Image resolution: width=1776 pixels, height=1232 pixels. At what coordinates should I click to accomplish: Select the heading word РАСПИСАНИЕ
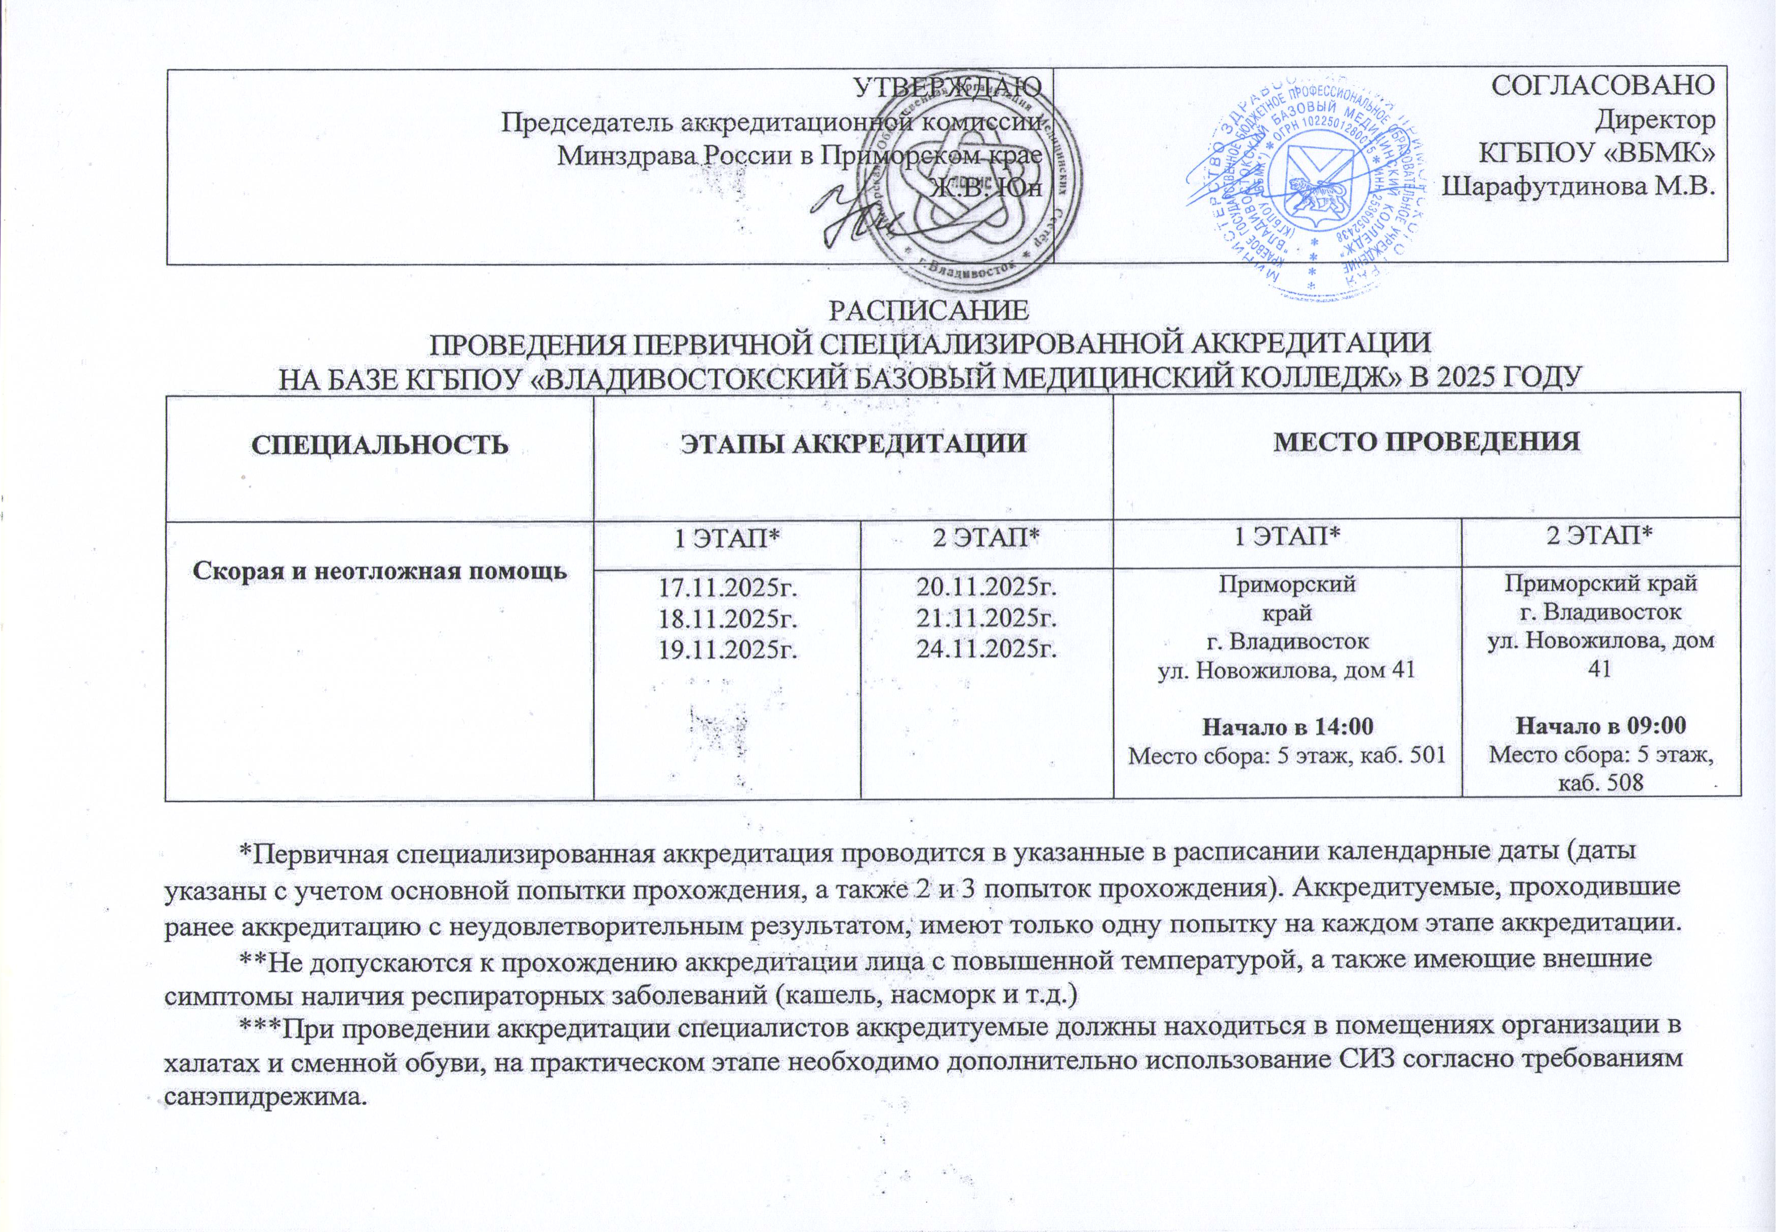point(928,311)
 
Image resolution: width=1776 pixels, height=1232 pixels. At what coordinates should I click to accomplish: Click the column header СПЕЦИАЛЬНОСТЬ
point(380,445)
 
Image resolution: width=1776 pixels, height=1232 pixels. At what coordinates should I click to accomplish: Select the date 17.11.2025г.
point(726,589)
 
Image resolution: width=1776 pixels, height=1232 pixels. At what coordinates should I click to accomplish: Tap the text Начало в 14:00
point(1287,726)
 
